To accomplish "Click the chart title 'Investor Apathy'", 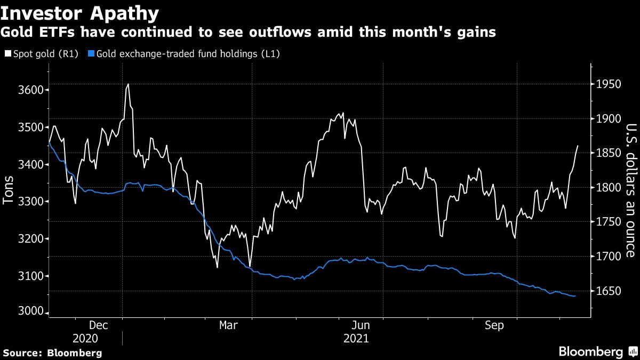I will point(80,12).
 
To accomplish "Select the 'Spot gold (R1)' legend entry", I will point(44,54).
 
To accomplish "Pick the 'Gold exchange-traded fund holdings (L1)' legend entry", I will point(187,54).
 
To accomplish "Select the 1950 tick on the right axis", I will point(609,84).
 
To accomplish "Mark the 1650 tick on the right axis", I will point(609,291).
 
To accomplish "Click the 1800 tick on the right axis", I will point(609,188).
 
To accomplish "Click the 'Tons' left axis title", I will point(9,190).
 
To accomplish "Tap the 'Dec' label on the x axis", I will point(99,325).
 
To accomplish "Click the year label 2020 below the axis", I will point(85,338).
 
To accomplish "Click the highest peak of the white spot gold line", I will point(128,84).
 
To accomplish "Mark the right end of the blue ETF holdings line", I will point(575,296).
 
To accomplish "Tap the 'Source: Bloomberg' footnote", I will point(52,353).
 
